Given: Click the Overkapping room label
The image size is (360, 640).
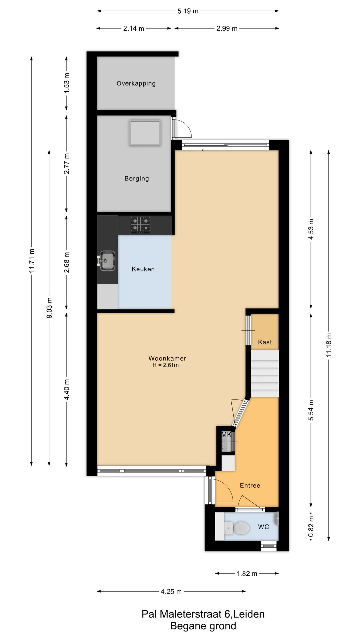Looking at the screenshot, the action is click(136, 83).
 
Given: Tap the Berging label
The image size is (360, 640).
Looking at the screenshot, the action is click(137, 178).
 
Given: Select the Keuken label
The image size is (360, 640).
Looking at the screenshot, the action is click(143, 269).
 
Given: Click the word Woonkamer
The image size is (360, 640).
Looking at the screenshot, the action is click(167, 358).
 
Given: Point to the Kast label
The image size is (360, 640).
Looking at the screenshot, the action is click(265, 342).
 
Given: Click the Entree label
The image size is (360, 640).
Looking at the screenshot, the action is click(250, 485).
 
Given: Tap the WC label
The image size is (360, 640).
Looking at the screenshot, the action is click(263, 527).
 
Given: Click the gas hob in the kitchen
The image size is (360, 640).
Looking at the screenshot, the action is click(140, 225).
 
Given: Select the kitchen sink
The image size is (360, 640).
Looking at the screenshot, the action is click(106, 261).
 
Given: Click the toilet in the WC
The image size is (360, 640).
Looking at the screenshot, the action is click(237, 528).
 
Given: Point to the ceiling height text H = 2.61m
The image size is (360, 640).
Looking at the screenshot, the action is click(166, 365).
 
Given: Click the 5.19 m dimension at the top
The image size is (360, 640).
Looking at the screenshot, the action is click(188, 11).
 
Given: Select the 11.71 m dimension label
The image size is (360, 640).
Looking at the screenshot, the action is click(32, 261).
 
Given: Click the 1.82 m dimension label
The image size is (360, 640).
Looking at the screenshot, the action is click(247, 573).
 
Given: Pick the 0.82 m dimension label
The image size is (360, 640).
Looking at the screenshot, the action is click(311, 527).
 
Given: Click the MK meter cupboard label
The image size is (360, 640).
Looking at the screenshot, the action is click(226, 435).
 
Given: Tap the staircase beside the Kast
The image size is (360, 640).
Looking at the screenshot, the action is click(265, 373).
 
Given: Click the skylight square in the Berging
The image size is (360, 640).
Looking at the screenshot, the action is click(145, 132).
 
